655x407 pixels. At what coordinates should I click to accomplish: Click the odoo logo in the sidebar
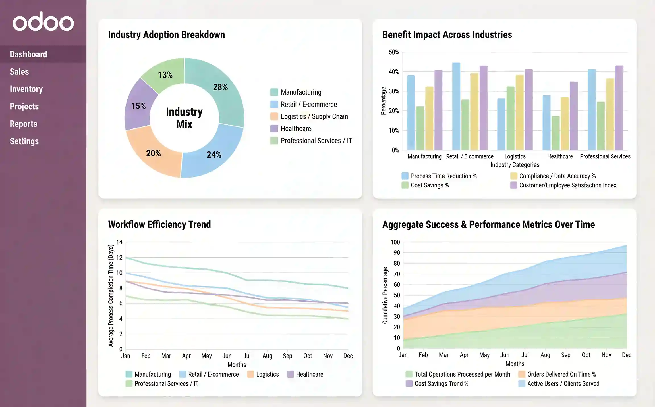[x=43, y=22]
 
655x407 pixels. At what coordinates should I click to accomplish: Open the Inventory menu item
[x=26, y=89]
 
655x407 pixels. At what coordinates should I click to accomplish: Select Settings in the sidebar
[x=24, y=141]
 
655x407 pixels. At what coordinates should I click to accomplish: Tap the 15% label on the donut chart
[x=138, y=106]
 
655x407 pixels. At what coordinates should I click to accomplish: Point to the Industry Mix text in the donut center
[x=184, y=118]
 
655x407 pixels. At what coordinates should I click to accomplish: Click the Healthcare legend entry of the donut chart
[x=296, y=129]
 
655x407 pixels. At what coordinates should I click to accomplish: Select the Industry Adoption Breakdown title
[x=166, y=35]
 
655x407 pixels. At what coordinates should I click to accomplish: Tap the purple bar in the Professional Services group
[x=619, y=108]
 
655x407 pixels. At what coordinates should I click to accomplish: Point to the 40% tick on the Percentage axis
[x=394, y=72]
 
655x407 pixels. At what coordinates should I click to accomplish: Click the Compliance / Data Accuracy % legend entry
[x=557, y=176]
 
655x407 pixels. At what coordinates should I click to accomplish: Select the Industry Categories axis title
[x=515, y=165]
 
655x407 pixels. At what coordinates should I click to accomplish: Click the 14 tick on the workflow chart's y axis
[x=119, y=242]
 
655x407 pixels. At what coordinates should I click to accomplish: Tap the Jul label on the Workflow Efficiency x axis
[x=247, y=356]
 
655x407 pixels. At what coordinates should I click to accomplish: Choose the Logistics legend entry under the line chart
[x=267, y=374]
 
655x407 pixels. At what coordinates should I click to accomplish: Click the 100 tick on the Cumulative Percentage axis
[x=395, y=242]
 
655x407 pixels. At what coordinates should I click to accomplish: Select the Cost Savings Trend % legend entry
[x=441, y=384]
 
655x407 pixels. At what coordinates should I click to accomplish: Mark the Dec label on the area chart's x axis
[x=626, y=355]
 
